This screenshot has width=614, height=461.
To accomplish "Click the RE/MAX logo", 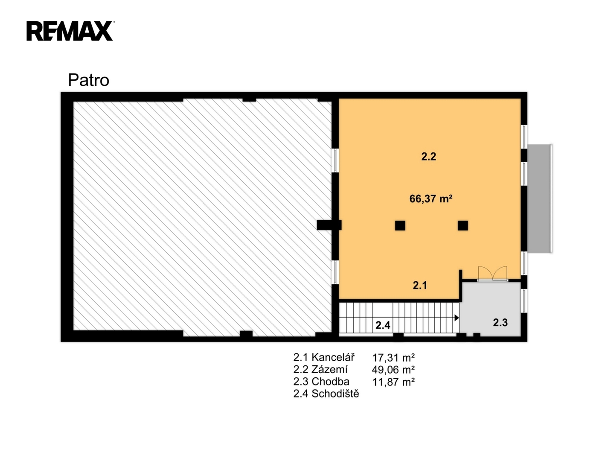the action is coord(70,31).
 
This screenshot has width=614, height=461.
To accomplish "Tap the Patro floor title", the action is coord(88,80).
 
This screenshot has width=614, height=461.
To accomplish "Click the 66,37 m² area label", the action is coord(431,198).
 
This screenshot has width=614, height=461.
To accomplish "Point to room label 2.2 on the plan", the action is coord(428,156).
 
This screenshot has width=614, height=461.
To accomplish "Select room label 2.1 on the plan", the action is coord(420,285).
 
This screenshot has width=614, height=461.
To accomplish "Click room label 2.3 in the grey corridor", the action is coord(500,323).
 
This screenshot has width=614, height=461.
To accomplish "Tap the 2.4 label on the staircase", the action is coord(383,325).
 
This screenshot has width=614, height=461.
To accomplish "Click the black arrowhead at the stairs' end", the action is coord(457,318).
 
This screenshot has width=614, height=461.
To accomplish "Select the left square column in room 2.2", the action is coord(400,225).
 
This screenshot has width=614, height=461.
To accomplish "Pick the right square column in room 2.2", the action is coord(463,225).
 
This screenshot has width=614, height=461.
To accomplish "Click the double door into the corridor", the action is coord(492,274).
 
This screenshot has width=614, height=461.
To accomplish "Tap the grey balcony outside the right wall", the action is coord(539,198).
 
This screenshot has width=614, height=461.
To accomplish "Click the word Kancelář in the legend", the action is coord(333,357).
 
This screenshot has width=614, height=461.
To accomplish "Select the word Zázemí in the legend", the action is coord(329,370).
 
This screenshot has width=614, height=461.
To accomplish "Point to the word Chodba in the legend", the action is coord(330,382).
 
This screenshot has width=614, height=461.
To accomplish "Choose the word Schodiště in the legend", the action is coord(335,394).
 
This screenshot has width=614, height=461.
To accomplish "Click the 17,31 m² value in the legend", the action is coord(393,358).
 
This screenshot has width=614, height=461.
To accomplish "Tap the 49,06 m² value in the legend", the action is coord(393,370).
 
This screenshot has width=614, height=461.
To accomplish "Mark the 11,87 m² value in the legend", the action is coord(393,382).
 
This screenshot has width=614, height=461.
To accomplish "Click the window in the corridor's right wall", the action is coord(524,301).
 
